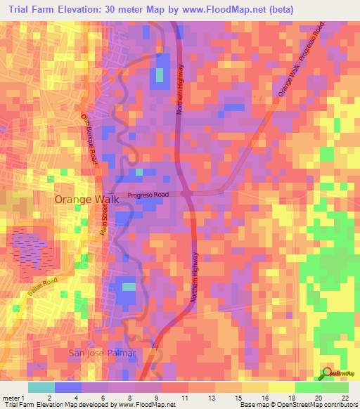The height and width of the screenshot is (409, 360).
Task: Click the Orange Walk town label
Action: coord(87,200)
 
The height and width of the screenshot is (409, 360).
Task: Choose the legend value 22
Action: coord(345,398)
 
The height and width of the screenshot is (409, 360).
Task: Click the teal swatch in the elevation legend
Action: coord(41,387)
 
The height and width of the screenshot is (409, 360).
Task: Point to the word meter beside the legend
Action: coord(10,398)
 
